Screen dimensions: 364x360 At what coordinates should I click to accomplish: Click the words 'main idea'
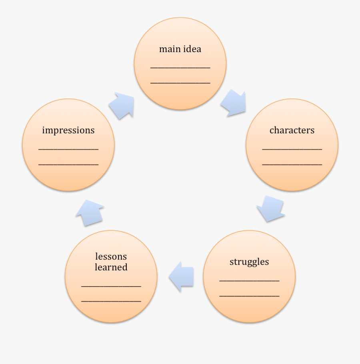[180, 49]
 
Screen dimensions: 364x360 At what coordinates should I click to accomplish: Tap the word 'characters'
[292, 130]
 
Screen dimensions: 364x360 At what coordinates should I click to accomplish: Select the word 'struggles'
[249, 262]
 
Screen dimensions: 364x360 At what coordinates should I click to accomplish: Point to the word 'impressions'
[68, 130]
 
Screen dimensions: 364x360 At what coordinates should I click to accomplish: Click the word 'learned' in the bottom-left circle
[111, 267]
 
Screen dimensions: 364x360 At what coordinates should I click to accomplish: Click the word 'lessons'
[111, 256]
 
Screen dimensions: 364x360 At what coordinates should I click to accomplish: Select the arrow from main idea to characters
[234, 103]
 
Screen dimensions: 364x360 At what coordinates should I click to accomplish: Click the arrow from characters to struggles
[270, 209]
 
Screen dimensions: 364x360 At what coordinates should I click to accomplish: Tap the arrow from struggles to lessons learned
[182, 276]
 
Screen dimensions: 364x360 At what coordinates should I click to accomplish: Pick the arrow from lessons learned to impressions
[90, 212]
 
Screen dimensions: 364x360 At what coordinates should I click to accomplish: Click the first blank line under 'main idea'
[180, 68]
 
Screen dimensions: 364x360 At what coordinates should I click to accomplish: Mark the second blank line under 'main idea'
[180, 83]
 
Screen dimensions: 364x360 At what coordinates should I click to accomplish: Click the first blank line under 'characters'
[292, 149]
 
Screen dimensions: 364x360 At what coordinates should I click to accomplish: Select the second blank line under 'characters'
[292, 164]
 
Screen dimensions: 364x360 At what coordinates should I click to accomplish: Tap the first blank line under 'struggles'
[249, 281]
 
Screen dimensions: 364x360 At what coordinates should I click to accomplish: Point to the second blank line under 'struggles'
[249, 296]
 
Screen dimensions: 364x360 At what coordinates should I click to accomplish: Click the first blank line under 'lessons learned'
[111, 286]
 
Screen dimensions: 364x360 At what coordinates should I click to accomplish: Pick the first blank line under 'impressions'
[68, 149]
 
